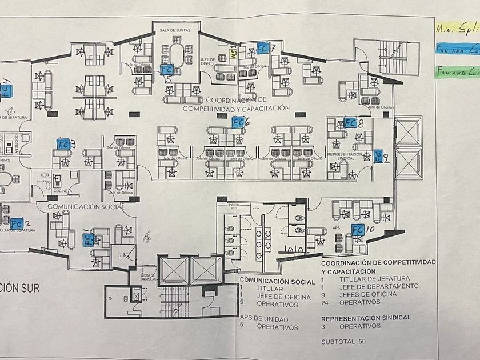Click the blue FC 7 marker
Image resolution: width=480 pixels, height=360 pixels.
tap(263, 48)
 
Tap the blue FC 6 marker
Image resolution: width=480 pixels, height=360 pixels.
tap(238, 121)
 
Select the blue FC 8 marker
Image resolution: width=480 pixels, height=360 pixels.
tap(350, 122)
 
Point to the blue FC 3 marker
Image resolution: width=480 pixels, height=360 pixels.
tap(62, 145)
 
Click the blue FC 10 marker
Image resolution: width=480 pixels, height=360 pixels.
tap(358, 230)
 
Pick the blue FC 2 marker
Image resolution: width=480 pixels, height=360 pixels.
tap(17, 222)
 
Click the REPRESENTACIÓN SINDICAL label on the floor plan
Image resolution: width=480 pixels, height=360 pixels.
tap(345, 157)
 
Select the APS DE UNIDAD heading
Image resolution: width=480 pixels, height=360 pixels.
tap(263, 319)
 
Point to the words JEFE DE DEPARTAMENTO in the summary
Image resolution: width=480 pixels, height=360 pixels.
tap(378, 286)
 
